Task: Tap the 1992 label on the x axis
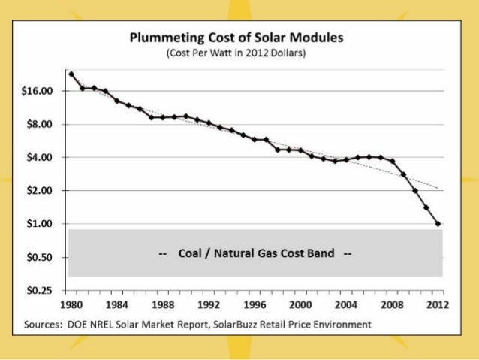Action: (209, 305)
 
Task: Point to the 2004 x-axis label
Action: (346, 305)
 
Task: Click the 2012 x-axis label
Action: (438, 305)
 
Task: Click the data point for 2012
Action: (438, 224)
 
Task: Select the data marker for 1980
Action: (71, 74)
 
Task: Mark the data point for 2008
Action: (392, 162)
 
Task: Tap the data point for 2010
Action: (415, 191)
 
